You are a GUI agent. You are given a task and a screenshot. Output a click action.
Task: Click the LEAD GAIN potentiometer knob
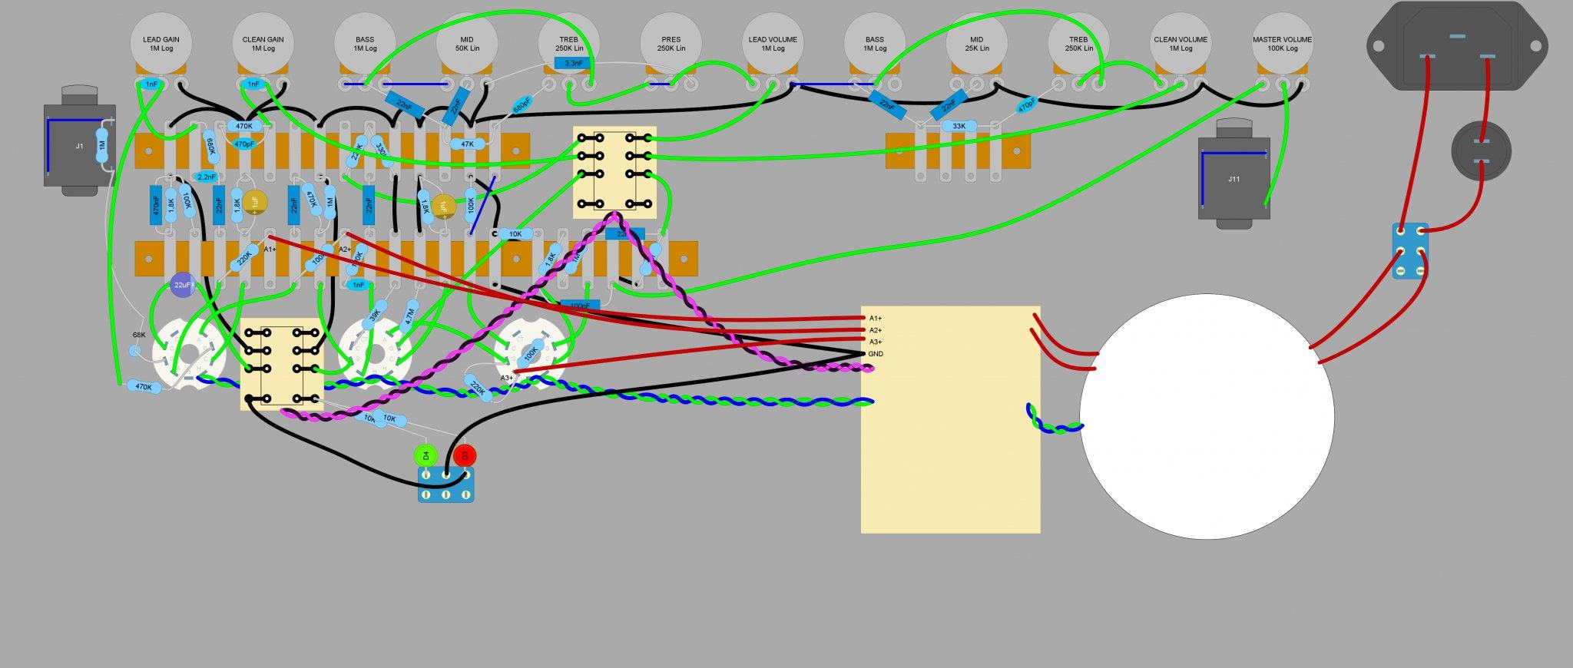[x=161, y=43]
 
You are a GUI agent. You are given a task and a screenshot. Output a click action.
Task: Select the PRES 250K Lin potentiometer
[x=671, y=43]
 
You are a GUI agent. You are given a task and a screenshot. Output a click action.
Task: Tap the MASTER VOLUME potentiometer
[x=1282, y=43]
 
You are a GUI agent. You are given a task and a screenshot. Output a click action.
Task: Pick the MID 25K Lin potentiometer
[x=976, y=43]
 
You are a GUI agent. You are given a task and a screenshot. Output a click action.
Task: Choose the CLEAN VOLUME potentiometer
[x=1180, y=43]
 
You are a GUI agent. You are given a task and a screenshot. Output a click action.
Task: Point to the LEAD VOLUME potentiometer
[x=773, y=43]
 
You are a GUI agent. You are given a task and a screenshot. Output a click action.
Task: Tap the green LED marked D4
[x=425, y=455]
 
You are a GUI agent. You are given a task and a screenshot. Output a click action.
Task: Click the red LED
[x=464, y=455]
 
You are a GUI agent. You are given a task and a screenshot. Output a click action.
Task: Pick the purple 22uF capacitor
[x=182, y=286]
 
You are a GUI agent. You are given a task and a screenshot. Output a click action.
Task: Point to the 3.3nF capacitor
[x=573, y=62]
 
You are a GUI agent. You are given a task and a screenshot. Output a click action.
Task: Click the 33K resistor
[x=959, y=126]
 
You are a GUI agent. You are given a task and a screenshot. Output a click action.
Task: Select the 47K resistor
[x=467, y=144]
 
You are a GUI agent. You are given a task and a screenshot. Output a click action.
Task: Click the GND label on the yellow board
[x=876, y=354]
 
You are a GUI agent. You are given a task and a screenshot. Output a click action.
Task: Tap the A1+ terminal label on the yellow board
[x=876, y=318]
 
